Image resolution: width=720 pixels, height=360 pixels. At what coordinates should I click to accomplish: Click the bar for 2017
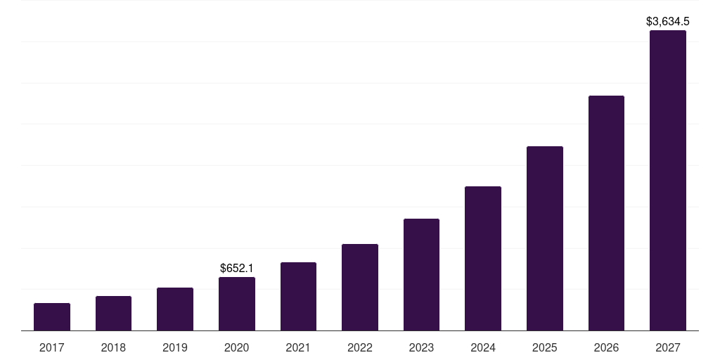(52, 317)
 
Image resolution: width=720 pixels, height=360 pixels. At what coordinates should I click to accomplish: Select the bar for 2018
(113, 314)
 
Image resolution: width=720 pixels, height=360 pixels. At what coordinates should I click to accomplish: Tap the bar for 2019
(175, 309)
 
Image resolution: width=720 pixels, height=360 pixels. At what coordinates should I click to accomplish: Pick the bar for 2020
(237, 304)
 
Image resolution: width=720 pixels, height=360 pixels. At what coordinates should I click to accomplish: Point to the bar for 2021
(298, 297)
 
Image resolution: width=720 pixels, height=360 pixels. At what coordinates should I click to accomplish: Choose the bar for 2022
(360, 288)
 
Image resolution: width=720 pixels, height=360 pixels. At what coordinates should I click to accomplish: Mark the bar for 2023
(421, 275)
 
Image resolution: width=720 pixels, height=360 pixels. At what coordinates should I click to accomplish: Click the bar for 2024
(483, 259)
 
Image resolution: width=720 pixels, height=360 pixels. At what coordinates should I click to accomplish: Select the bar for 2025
(545, 238)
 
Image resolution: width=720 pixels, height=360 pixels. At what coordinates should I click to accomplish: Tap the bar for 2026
(606, 213)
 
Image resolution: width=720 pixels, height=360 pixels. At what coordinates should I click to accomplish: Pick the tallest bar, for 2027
(668, 181)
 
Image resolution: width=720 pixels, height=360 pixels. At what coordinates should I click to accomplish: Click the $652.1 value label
(237, 268)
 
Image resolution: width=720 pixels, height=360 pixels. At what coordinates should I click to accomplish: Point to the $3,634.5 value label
(668, 22)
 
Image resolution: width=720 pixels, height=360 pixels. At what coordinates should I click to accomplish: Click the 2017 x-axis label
(52, 347)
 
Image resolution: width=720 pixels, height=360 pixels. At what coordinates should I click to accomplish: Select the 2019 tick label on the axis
(175, 347)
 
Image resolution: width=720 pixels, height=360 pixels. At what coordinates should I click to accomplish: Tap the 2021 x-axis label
(298, 347)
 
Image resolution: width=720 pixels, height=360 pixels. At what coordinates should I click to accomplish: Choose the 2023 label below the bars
(421, 347)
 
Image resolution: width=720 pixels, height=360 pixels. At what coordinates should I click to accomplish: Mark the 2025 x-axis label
(545, 347)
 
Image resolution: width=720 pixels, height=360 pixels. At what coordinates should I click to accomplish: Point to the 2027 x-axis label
(668, 347)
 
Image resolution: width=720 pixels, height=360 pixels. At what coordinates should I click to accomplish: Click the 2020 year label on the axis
(237, 347)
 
